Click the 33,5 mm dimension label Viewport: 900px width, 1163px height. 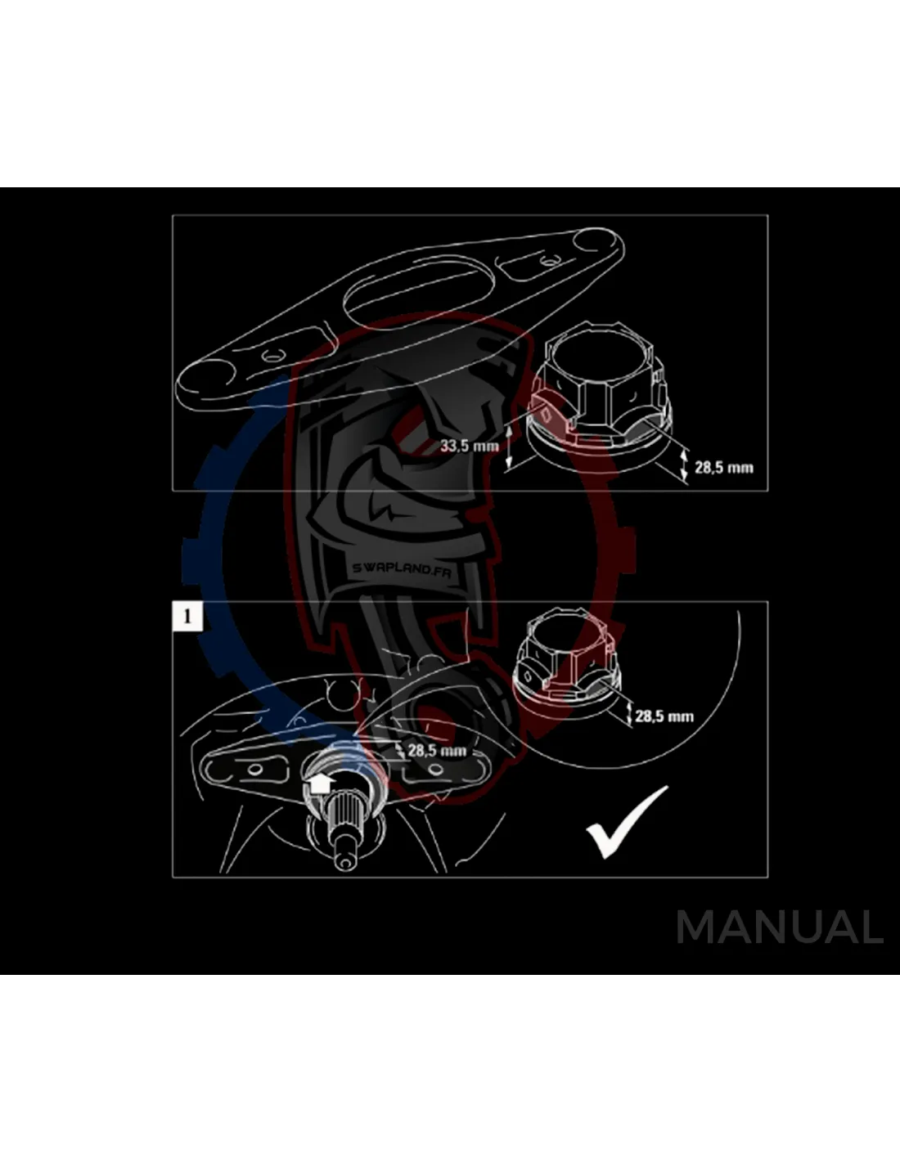pyautogui.click(x=469, y=445)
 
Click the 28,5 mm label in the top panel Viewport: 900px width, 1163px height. pyautogui.click(x=724, y=467)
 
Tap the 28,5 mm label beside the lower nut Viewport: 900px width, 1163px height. pyautogui.click(x=664, y=716)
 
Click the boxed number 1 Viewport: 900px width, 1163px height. pyautogui.click(x=187, y=617)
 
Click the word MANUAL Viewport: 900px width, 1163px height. pyautogui.click(x=779, y=927)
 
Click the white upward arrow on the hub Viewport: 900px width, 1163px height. pyautogui.click(x=319, y=784)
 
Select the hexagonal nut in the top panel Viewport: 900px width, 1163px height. pyautogui.click(x=599, y=393)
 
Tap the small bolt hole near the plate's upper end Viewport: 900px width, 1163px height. pyautogui.click(x=547, y=263)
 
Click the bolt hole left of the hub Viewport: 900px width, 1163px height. pyautogui.click(x=255, y=770)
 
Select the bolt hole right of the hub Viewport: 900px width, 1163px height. pyautogui.click(x=436, y=770)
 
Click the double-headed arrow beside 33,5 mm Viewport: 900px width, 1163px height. pyautogui.click(x=510, y=447)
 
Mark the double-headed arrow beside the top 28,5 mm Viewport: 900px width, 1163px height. pyautogui.click(x=684, y=465)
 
